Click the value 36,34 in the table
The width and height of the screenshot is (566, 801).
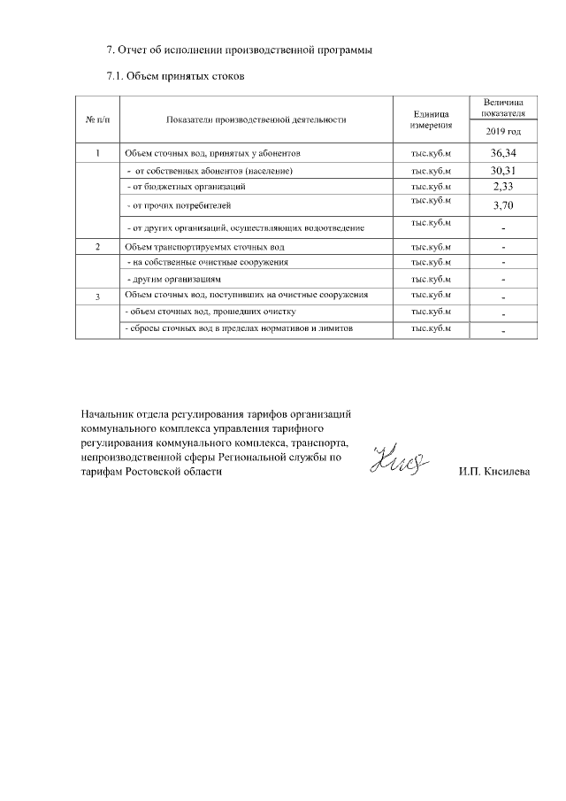[503, 153]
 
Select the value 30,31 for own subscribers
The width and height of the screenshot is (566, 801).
[503, 170]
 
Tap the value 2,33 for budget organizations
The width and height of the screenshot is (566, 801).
[503, 187]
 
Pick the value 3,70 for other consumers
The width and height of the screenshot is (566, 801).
[503, 206]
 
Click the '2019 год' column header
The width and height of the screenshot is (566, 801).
[503, 131]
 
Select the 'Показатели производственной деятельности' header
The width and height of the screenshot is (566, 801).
[256, 119]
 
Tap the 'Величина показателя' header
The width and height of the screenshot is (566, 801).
[503, 108]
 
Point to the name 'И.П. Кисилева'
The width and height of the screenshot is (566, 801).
[494, 473]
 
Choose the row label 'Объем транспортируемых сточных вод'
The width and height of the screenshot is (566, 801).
[204, 246]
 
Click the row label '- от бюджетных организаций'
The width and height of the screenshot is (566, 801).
[187, 187]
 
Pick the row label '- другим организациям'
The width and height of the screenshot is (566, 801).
[173, 279]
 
